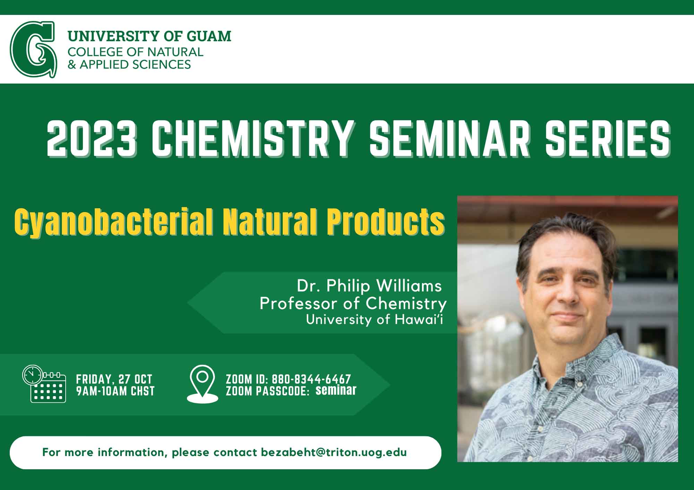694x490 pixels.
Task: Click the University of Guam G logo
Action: point(33,49)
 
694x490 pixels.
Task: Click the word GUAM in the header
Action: point(209,36)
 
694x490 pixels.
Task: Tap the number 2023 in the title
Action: point(91,138)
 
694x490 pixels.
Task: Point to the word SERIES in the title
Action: point(608,138)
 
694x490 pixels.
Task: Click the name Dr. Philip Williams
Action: point(369,286)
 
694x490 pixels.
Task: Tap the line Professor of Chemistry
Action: point(353,304)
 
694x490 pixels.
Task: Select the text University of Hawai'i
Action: point(374,319)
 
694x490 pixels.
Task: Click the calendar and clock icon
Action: point(44,384)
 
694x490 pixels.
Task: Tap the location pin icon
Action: point(202,384)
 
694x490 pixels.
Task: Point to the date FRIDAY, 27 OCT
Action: point(114,379)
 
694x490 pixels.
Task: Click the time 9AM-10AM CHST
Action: point(115,391)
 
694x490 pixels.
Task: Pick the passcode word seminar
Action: point(336,390)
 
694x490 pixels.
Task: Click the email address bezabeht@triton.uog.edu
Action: point(334,453)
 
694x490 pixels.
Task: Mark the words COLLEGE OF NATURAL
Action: point(135,52)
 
